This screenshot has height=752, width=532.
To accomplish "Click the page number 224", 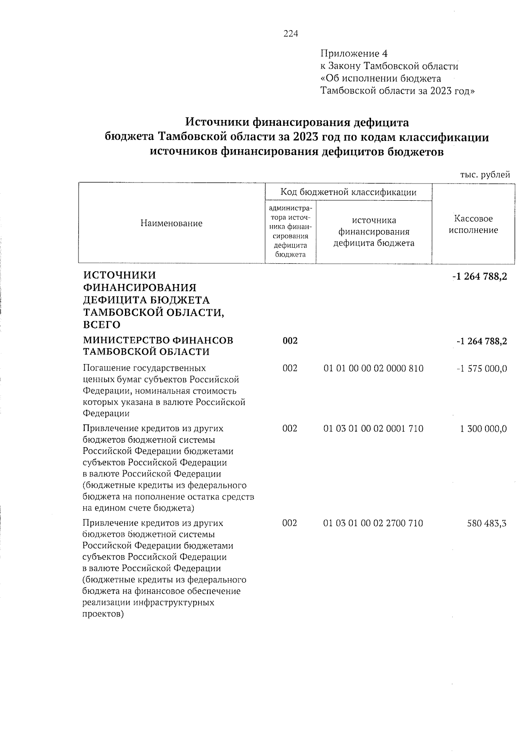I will tap(291, 34).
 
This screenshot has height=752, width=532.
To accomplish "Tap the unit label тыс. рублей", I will tap(485, 175).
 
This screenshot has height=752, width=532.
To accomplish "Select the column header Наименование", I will tap(171, 223).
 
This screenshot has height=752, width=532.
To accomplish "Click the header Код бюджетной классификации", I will tap(348, 192).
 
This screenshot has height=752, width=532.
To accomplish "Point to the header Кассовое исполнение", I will tap(473, 225).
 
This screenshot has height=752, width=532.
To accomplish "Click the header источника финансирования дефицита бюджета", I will tap(374, 232).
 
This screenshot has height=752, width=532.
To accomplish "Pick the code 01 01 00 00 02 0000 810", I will tap(373, 369).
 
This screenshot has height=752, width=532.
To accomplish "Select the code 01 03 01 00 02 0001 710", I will tap(373, 429).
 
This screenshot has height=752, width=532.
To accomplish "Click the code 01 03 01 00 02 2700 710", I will tap(373, 523).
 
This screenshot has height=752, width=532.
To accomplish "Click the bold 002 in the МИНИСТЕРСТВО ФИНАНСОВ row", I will tap(290, 341).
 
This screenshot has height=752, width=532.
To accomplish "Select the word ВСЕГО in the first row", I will tap(102, 325).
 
